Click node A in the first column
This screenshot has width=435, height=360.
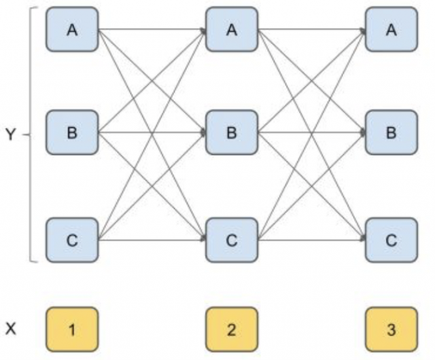[72, 30]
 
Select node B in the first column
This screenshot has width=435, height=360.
[72, 133]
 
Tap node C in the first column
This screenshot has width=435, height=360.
[72, 239]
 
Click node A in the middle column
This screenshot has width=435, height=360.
[232, 30]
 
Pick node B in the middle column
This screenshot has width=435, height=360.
[232, 133]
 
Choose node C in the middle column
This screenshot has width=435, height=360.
[232, 239]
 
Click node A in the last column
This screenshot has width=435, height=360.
[391, 30]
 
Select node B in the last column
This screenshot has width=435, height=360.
[391, 133]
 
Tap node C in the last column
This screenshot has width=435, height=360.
[391, 239]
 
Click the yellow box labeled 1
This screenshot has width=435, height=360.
[72, 330]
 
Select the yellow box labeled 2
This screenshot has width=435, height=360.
[232, 330]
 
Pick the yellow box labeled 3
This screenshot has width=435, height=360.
[391, 330]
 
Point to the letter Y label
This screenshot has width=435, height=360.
[10, 134]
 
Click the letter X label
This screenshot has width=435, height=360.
[10, 329]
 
